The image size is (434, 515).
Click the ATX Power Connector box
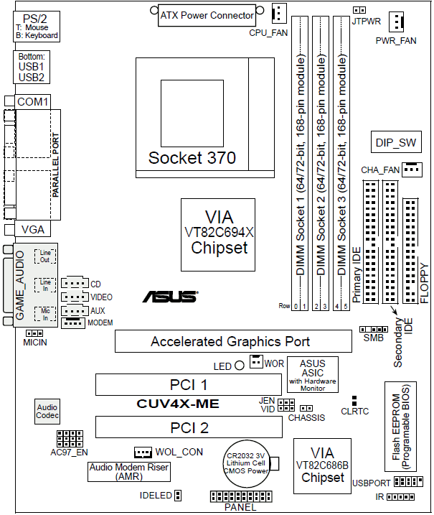[x=207, y=15]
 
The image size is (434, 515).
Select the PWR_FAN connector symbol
[x=396, y=20]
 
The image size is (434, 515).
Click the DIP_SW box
[x=395, y=142]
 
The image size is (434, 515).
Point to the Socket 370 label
[x=192, y=157]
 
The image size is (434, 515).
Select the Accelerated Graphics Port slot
[x=230, y=342]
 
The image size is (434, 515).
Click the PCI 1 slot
[x=189, y=385]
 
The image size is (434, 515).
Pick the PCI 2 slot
[x=189, y=429]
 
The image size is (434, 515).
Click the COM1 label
[x=32, y=102]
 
